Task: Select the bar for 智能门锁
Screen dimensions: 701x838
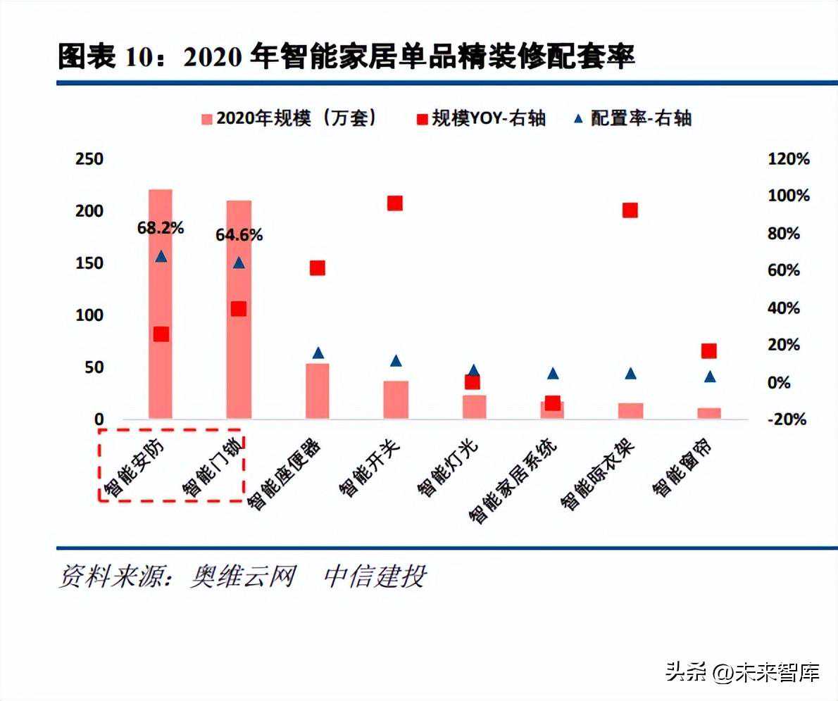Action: click(239, 310)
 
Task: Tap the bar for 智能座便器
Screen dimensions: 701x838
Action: click(317, 391)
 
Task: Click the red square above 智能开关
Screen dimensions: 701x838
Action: click(395, 203)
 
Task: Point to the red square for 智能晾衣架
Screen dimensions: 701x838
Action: click(630, 210)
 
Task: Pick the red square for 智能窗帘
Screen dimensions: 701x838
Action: click(709, 351)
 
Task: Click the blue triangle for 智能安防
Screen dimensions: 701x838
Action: click(161, 256)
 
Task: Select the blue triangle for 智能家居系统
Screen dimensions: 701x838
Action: click(553, 374)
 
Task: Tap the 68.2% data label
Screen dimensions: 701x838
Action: click(161, 228)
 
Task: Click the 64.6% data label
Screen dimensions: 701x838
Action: click(239, 235)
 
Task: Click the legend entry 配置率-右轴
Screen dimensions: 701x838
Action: click(634, 118)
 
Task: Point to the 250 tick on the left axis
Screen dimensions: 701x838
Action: click(89, 159)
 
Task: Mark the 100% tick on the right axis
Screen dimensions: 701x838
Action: click(789, 196)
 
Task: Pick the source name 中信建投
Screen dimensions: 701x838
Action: click(375, 576)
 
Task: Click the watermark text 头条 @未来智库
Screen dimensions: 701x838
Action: click(742, 673)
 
